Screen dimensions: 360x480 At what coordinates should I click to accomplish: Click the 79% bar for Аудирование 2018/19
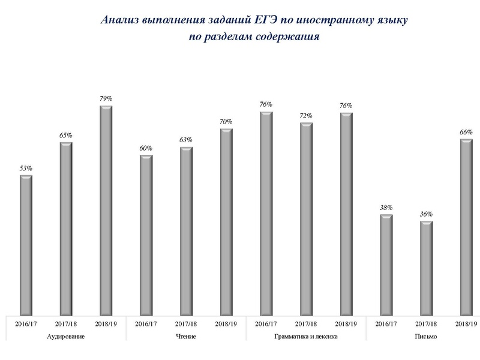tap(106, 210)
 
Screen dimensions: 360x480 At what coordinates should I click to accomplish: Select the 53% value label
tap(26, 169)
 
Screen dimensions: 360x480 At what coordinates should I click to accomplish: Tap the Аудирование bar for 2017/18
tap(66, 228)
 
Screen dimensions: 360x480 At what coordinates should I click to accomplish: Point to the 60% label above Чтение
tap(146, 148)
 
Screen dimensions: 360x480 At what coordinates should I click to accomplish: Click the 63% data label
tap(186, 140)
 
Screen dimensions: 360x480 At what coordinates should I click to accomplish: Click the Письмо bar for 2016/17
tap(386, 264)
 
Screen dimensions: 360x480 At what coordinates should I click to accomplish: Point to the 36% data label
tap(426, 214)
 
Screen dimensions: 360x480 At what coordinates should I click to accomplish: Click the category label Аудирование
tap(65, 337)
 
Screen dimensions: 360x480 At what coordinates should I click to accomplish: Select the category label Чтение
tap(186, 337)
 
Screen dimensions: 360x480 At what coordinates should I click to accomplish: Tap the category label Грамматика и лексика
tap(306, 337)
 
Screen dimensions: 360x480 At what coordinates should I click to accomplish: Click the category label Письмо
tap(426, 337)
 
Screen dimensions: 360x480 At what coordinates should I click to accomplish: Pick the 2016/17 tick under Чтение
tap(146, 323)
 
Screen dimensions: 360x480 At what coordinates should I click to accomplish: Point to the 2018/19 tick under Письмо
tap(466, 323)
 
